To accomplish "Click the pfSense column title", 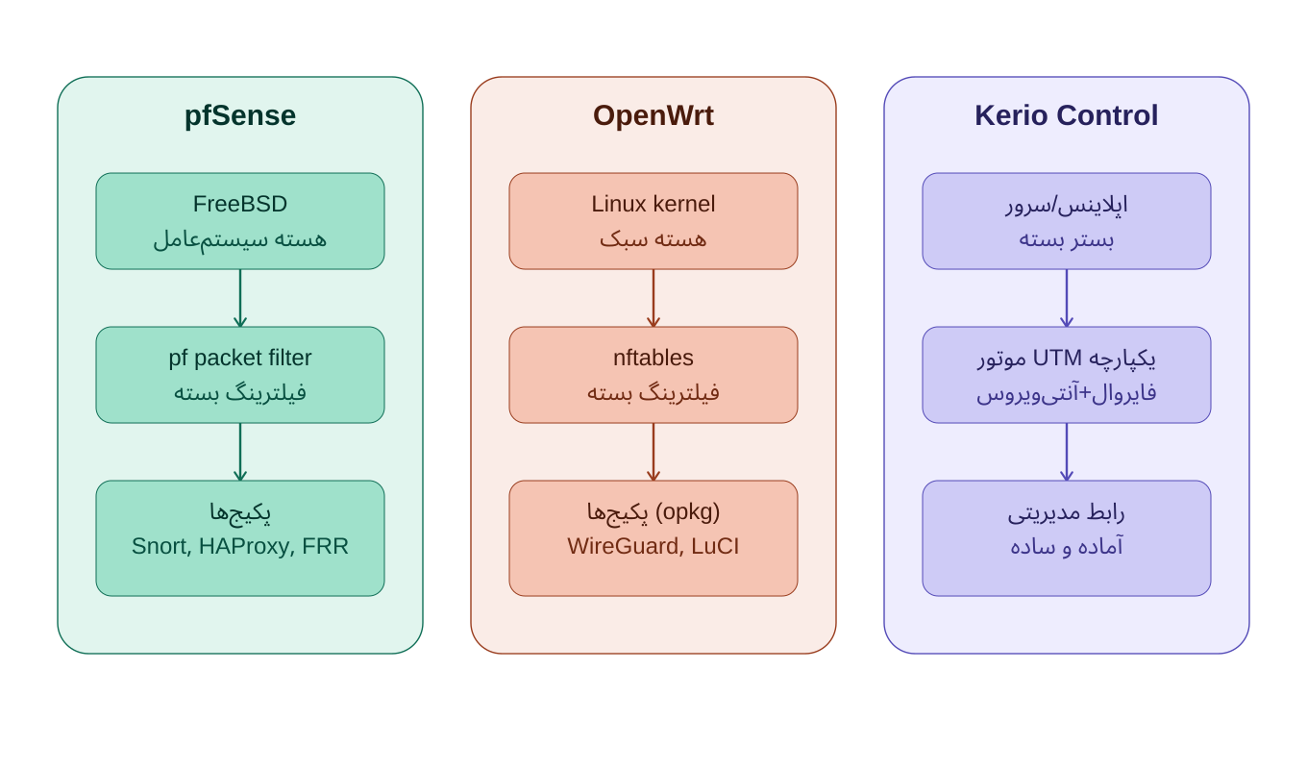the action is click(240, 115).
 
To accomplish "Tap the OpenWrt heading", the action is click(653, 115).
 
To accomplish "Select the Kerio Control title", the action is click(1066, 115).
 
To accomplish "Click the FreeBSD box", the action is click(240, 221).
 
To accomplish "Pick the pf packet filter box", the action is click(240, 375).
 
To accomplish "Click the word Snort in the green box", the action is click(161, 547).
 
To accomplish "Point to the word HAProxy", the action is click(246, 547).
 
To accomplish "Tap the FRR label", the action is click(325, 547).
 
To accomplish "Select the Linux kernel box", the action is click(653, 221).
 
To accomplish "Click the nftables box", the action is click(653, 375).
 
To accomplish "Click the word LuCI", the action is click(715, 547).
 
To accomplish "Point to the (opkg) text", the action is click(687, 511).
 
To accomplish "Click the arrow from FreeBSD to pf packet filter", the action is click(240, 298).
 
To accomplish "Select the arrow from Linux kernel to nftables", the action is click(653, 298).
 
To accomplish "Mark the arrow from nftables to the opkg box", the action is click(653, 452).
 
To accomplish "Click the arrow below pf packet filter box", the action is click(240, 452).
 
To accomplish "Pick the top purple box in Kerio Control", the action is click(1066, 221).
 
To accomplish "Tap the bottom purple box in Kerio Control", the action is click(1066, 538).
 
